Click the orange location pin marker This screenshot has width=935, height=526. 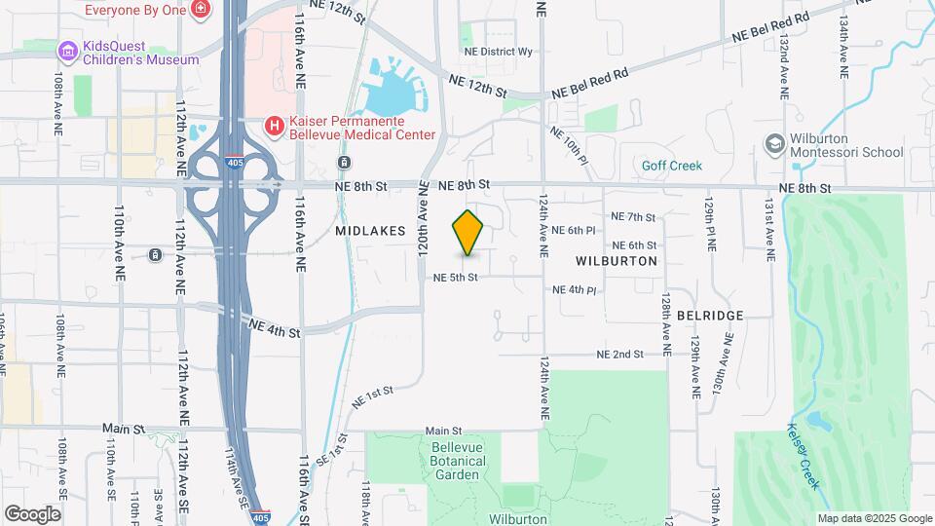(468, 233)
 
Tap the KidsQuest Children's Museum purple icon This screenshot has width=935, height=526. (66, 51)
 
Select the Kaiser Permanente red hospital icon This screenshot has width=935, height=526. (275, 126)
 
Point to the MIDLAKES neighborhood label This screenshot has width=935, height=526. (368, 231)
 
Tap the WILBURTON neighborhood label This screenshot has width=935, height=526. (617, 261)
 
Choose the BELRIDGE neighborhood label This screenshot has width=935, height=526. (710, 316)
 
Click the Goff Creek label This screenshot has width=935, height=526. (671, 166)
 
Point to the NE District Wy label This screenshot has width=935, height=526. (499, 52)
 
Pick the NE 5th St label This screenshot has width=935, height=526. (456, 278)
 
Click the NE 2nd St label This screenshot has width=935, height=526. (619, 355)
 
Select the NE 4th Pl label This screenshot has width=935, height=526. (574, 290)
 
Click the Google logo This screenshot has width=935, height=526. (33, 513)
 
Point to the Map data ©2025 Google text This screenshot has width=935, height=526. (874, 518)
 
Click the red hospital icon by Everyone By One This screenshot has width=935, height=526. (201, 10)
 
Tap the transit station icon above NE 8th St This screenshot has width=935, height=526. (344, 162)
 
